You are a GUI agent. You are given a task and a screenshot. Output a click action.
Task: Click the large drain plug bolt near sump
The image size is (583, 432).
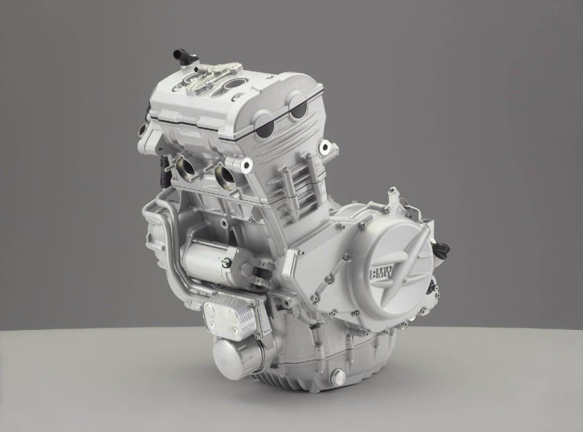tap(339, 377)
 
